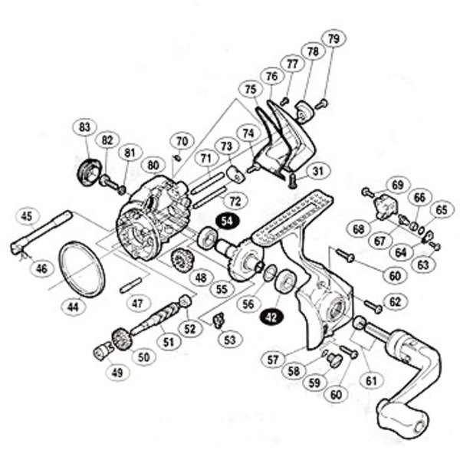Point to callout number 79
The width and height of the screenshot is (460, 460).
[x=332, y=39]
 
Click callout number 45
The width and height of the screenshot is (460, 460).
[x=28, y=216]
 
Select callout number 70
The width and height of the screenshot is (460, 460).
[x=181, y=142]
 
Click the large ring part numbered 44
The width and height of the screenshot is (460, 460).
[x=80, y=268]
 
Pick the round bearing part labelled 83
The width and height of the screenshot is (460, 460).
[x=90, y=169]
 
